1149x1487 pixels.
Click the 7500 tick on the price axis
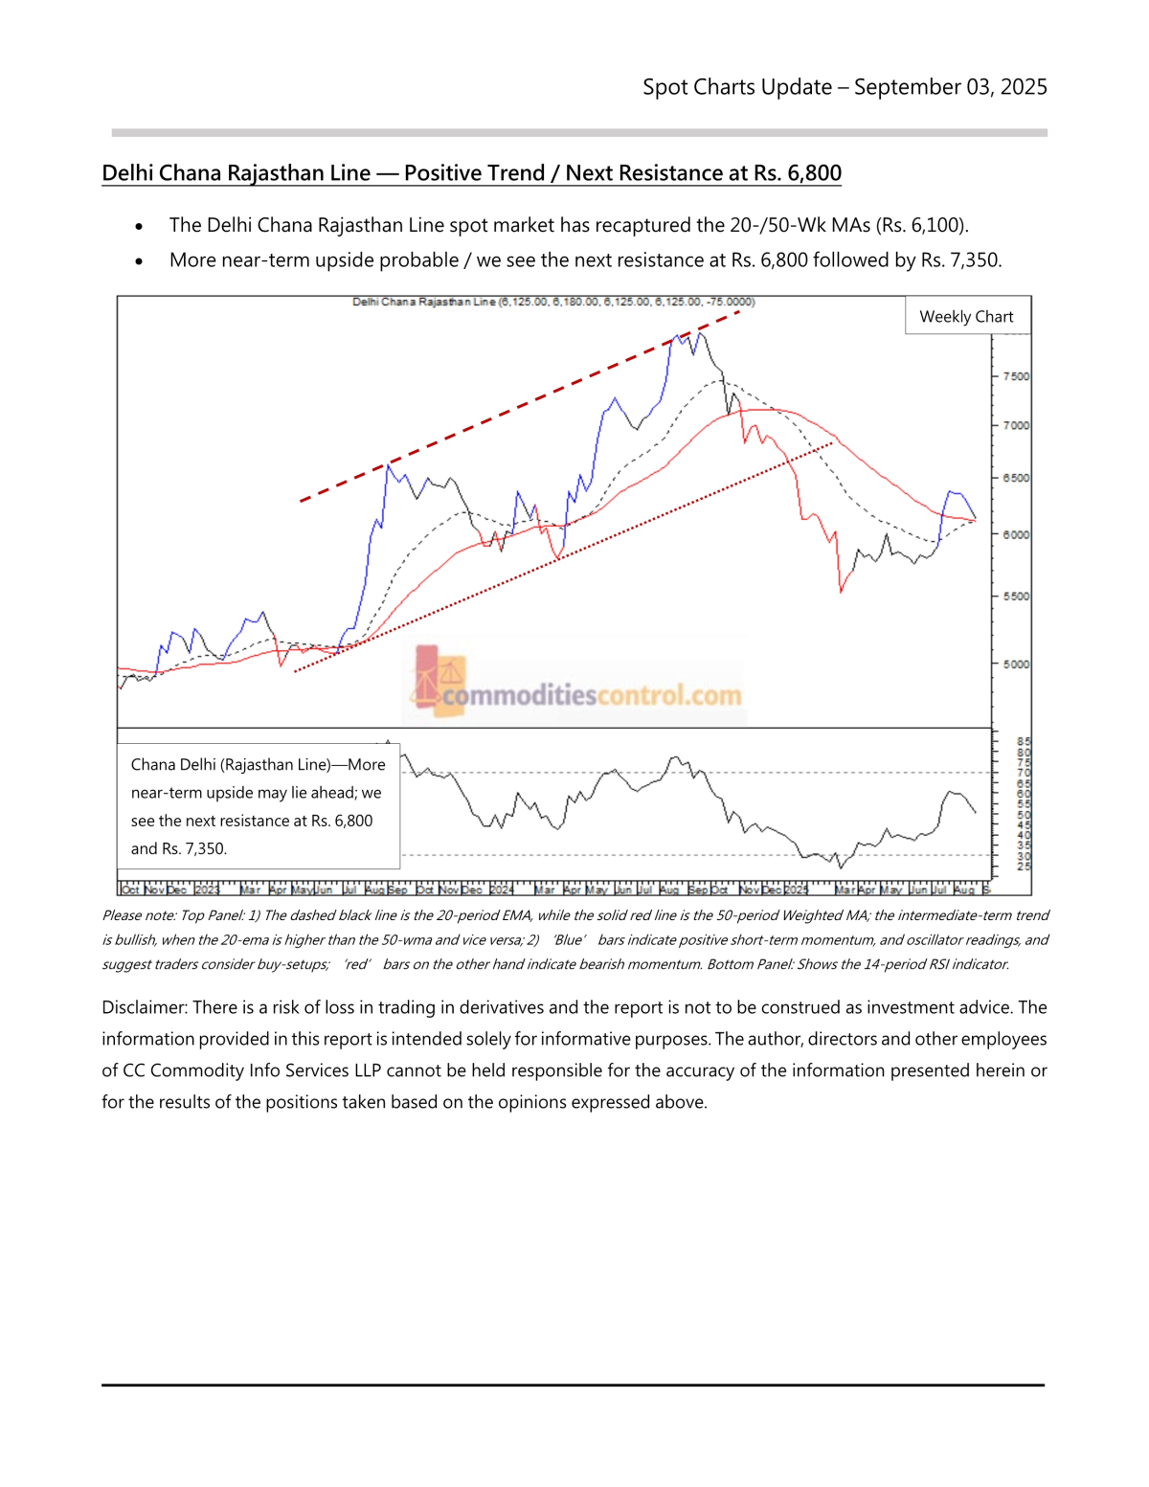(1016, 376)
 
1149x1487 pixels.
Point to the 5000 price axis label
(1016, 664)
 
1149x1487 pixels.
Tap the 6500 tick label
(1016, 478)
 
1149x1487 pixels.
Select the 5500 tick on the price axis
(1016, 596)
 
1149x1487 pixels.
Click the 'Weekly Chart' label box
(966, 317)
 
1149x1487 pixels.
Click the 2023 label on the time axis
(208, 890)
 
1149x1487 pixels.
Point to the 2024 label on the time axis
(502, 890)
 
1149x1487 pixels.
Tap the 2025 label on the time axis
(797, 890)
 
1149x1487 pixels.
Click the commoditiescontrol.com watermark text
(592, 694)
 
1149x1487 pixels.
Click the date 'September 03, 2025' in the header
(950, 87)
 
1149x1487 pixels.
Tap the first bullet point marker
(140, 227)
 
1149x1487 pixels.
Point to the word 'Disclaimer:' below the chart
(145, 1007)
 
